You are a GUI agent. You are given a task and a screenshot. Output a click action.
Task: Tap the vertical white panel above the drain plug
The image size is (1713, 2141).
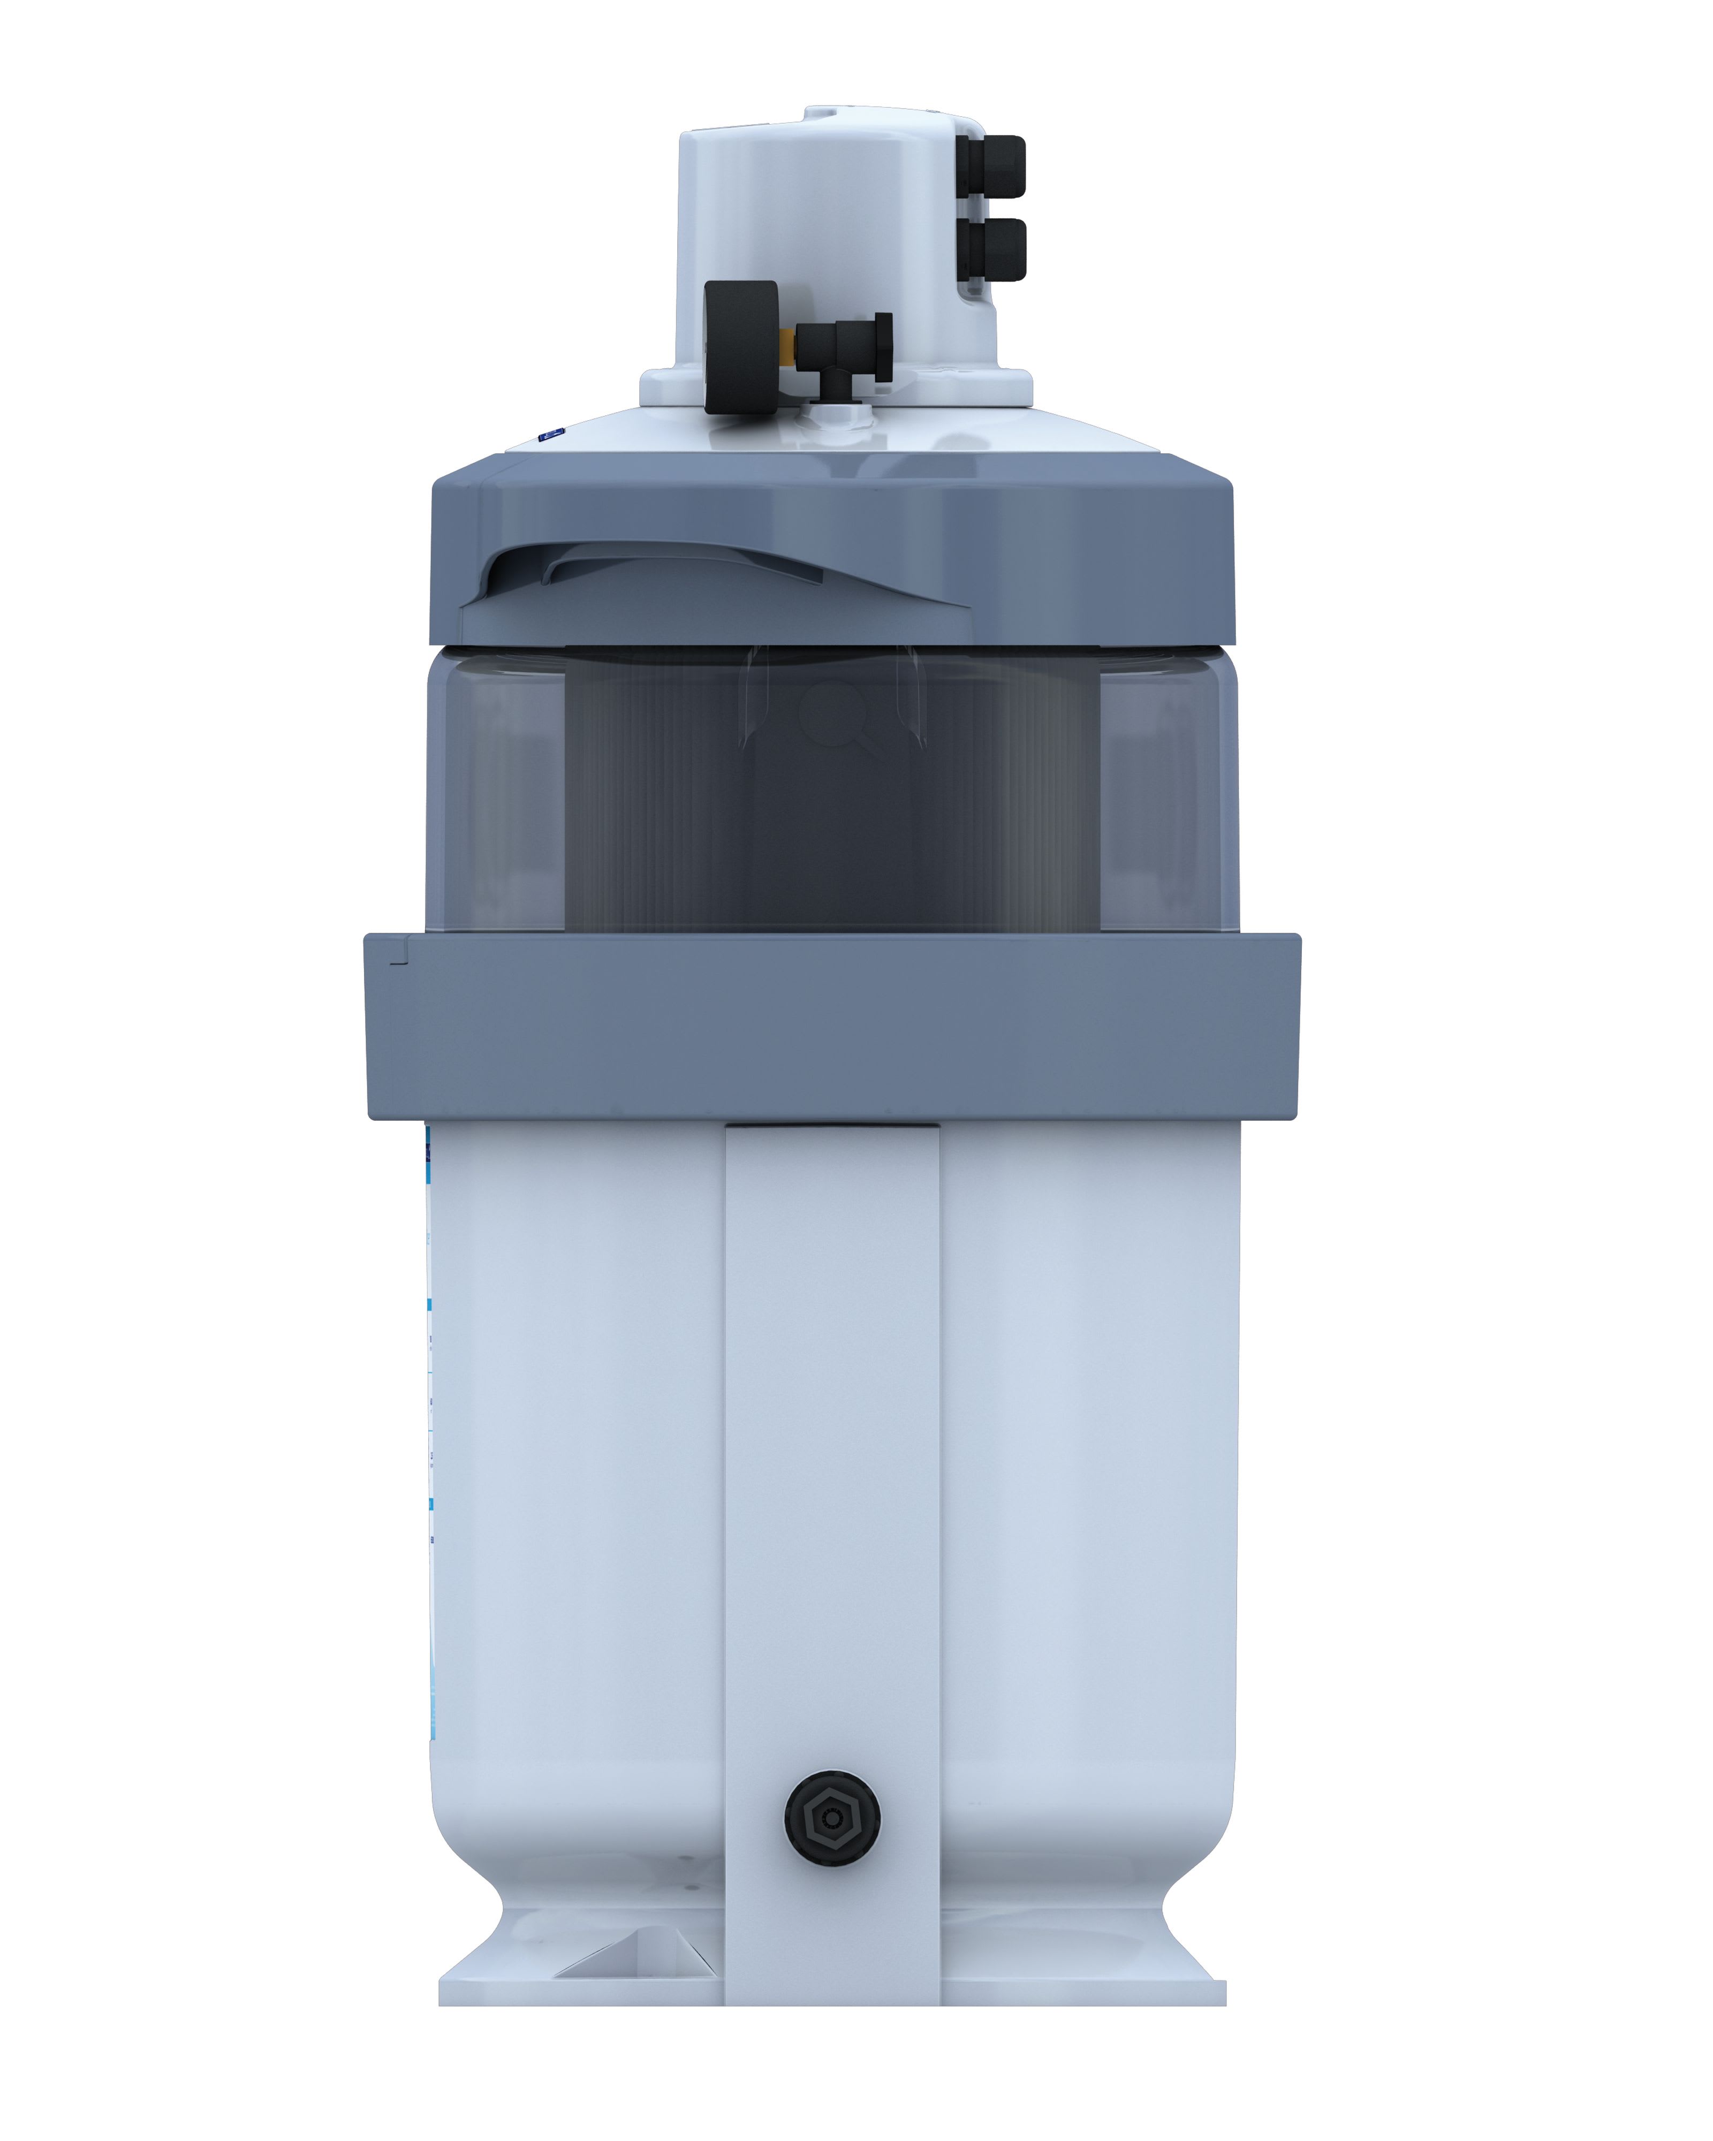[x=832, y=1440]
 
